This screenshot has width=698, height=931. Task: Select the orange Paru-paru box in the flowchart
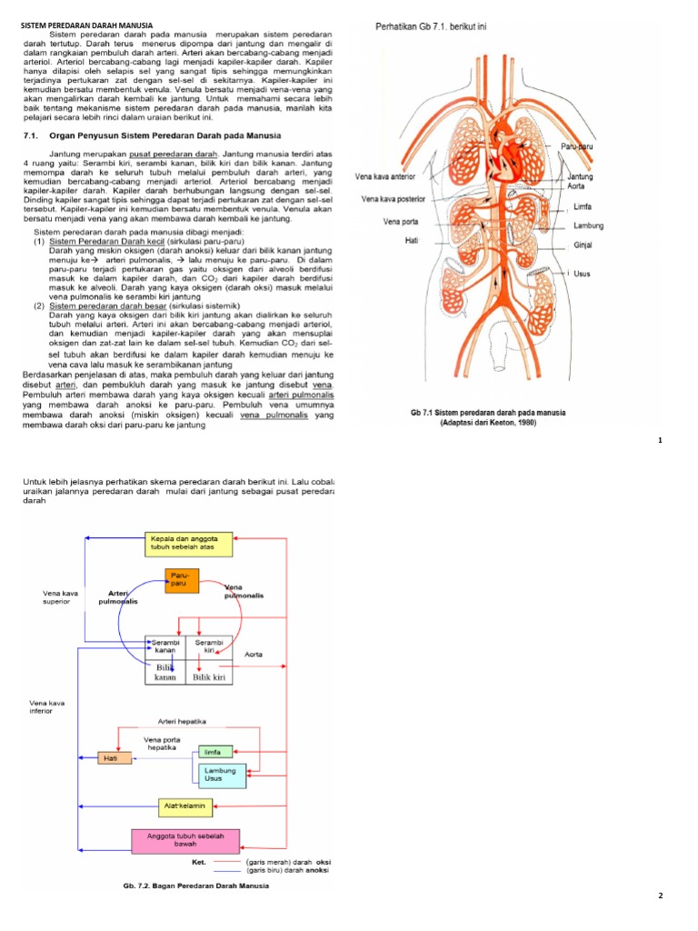pyautogui.click(x=182, y=580)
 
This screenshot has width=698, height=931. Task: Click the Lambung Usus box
pyautogui.click(x=221, y=775)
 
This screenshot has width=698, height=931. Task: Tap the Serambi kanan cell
pyautogui.click(x=165, y=647)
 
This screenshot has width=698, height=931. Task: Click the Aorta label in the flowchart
pyautogui.click(x=254, y=654)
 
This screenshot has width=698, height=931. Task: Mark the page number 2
pyautogui.click(x=661, y=896)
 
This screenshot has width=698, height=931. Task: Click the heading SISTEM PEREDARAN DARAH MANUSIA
pyautogui.click(x=87, y=25)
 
